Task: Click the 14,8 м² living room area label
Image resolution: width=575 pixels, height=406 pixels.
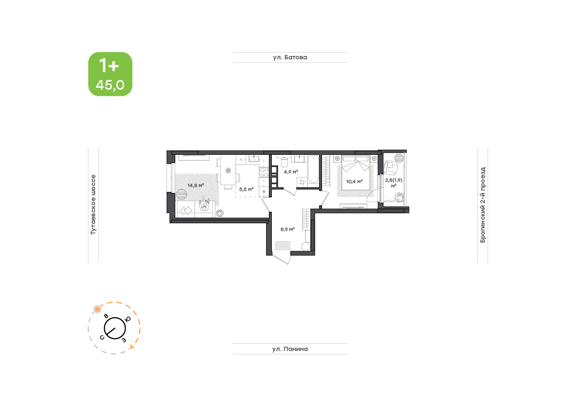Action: click(x=196, y=185)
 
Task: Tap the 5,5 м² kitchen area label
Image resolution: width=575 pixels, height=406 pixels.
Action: click(x=246, y=189)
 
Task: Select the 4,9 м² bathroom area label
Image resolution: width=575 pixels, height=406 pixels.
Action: click(x=291, y=171)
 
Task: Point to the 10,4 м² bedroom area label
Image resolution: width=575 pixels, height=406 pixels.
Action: click(x=354, y=181)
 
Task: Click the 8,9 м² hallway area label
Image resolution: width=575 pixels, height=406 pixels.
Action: click(x=288, y=229)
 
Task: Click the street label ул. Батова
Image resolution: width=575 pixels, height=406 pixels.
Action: click(x=290, y=57)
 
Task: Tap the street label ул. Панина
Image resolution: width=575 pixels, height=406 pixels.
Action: click(x=290, y=349)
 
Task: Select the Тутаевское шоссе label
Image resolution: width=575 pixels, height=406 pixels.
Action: click(x=93, y=204)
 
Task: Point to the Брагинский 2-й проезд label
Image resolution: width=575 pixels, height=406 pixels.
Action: click(x=483, y=205)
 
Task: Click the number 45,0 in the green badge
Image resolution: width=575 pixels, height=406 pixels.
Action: click(x=110, y=85)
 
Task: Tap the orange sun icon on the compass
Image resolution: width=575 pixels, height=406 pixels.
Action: click(x=97, y=310)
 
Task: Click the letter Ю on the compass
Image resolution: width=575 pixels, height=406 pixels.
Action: click(x=127, y=319)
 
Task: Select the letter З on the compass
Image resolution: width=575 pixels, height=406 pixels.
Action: click(x=124, y=340)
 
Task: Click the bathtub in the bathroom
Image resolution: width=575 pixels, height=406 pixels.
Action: click(x=313, y=169)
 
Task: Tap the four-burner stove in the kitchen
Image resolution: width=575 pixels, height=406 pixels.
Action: click(x=264, y=173)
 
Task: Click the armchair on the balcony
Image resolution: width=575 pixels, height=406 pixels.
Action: click(x=391, y=168)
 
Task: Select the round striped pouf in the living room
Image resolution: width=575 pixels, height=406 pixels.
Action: click(x=181, y=194)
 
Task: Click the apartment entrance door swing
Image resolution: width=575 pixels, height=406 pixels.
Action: click(x=281, y=257)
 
